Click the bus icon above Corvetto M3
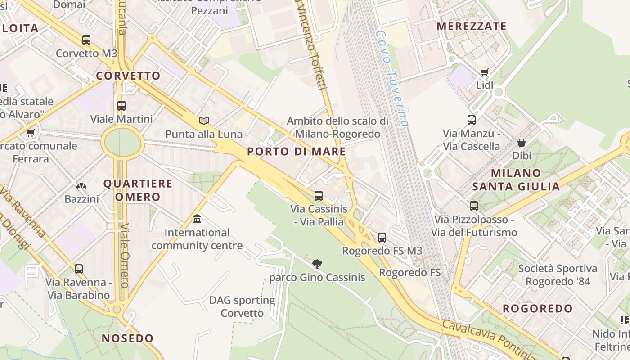pyautogui.click(x=86, y=40)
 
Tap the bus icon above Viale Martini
pyautogui.click(x=121, y=106)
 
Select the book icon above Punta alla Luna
pyautogui.click(x=204, y=121)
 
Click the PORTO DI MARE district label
pyautogui.click(x=297, y=152)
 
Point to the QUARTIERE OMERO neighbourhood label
pyautogui.click(x=138, y=190)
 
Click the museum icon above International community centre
pyautogui.click(x=197, y=219)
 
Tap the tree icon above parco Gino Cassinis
pyautogui.click(x=317, y=264)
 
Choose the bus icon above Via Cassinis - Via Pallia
pyautogui.click(x=319, y=195)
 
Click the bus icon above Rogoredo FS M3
pyautogui.click(x=382, y=237)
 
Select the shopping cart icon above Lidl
pyautogui.click(x=485, y=72)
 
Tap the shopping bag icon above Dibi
pyautogui.click(x=522, y=143)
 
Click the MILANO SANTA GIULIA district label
pyautogui.click(x=516, y=180)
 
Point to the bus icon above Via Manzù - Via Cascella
pyautogui.click(x=472, y=120)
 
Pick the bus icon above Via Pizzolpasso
pyautogui.click(x=474, y=206)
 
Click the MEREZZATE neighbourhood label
pyautogui.click(x=472, y=26)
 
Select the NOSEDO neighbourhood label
pyautogui.click(x=128, y=338)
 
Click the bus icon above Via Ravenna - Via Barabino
pyautogui.click(x=79, y=269)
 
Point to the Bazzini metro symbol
pyautogui.click(x=81, y=185)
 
